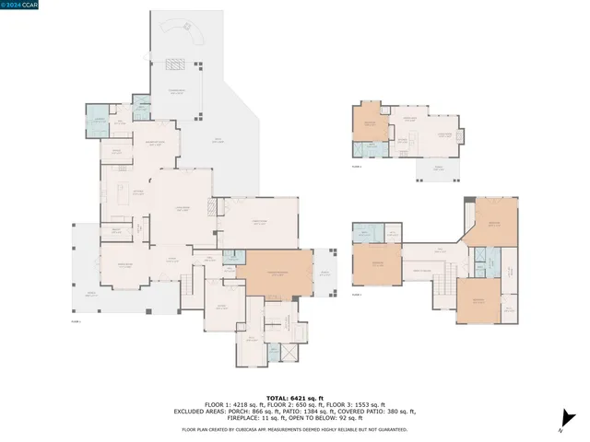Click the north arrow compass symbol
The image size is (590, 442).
pos(561,425)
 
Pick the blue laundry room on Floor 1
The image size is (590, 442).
pos(99,123)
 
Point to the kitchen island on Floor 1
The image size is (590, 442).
pos(124,192)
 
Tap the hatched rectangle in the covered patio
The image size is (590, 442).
pos(175,64)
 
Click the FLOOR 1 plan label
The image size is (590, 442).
pos(77,321)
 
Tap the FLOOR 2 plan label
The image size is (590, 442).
pos(356,168)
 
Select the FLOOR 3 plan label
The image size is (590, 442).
pos(356,296)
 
